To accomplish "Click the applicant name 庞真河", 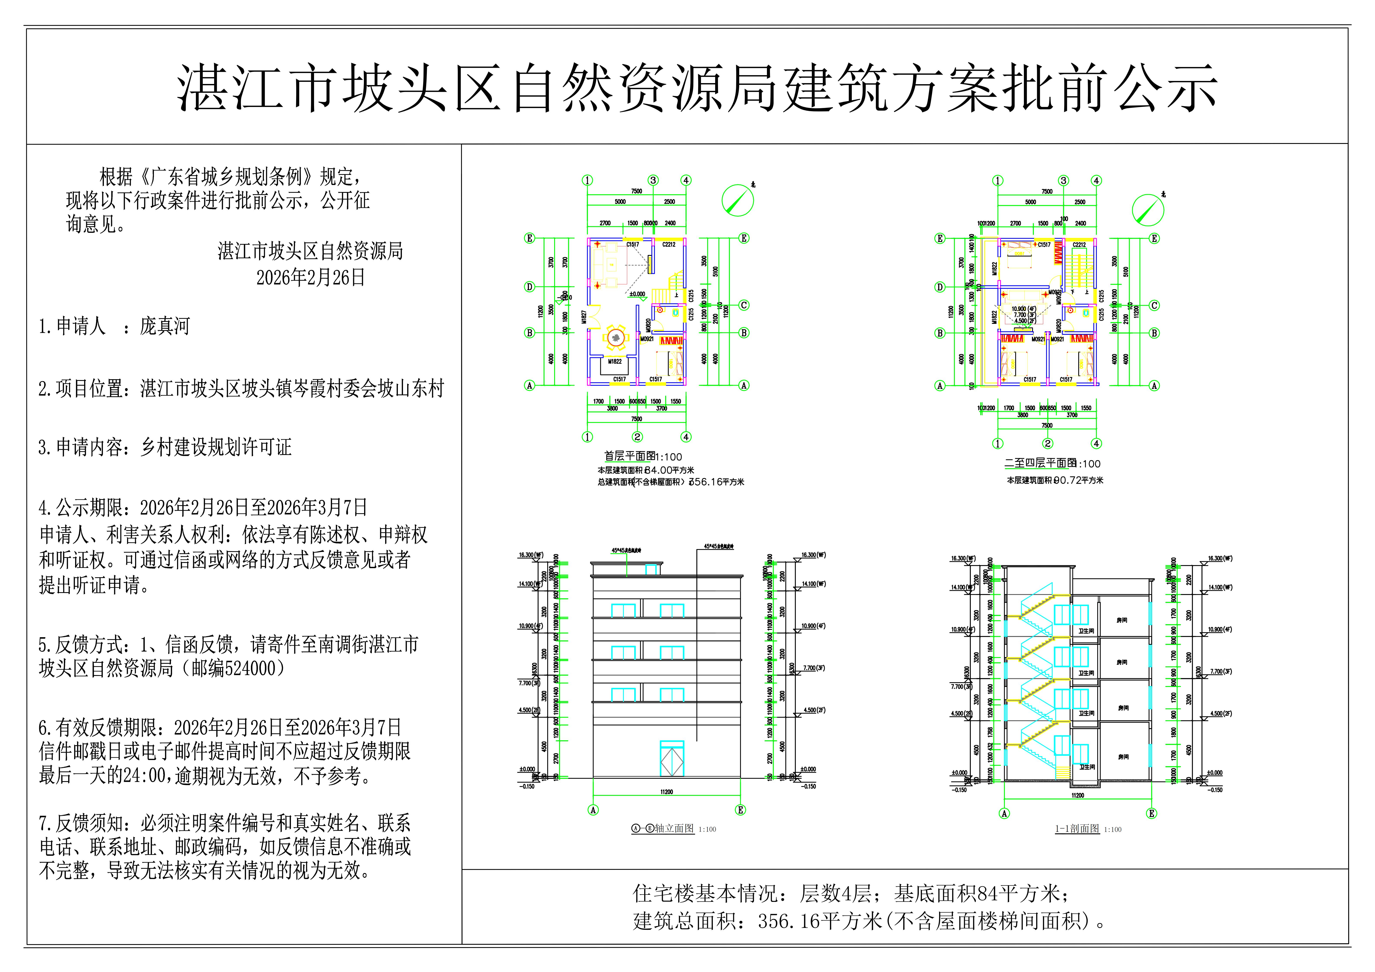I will pyautogui.click(x=165, y=326).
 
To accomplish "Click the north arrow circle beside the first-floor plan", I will pyautogui.click(x=737, y=200).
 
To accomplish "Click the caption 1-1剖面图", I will pyautogui.click(x=1077, y=829).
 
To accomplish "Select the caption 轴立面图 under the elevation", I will pyautogui.click(x=674, y=829).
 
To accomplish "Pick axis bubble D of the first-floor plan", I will pyautogui.click(x=529, y=287).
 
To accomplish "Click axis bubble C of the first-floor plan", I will pyautogui.click(x=744, y=305).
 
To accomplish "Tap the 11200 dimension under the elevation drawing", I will pyautogui.click(x=667, y=792).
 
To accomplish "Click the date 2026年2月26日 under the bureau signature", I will pyautogui.click(x=310, y=278).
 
